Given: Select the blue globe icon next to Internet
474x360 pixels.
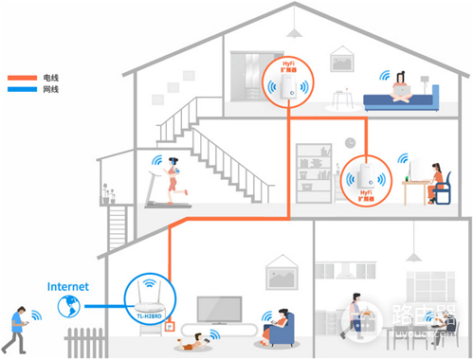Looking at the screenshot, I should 68,306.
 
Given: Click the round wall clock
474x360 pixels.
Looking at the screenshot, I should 350,142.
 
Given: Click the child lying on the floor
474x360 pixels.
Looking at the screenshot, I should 200,338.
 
